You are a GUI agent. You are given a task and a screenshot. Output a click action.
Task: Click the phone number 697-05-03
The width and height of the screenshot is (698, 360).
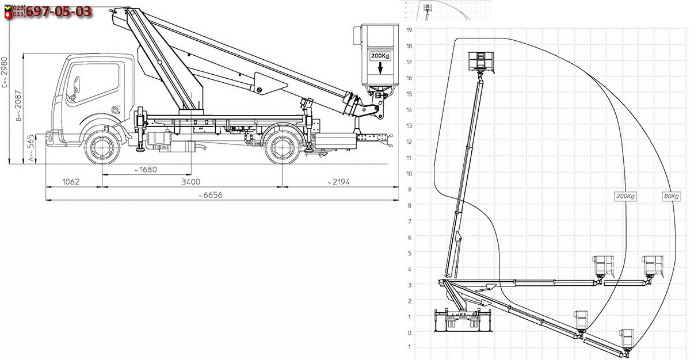[x=59, y=12]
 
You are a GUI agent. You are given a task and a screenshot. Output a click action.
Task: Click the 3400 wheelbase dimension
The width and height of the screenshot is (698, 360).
[x=190, y=182]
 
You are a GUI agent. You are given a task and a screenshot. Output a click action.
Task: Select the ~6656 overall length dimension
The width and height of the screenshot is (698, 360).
[x=211, y=195]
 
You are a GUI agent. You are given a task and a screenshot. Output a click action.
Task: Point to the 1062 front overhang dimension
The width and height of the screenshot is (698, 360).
[x=71, y=182]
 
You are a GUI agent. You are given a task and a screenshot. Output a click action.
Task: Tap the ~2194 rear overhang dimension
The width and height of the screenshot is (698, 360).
[x=338, y=182]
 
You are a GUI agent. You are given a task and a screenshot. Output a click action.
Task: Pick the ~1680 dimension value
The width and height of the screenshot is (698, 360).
[x=146, y=170]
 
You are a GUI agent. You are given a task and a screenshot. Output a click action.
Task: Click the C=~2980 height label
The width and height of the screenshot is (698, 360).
[x=5, y=72]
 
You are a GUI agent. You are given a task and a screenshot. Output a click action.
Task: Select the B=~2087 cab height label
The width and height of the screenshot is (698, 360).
[x=18, y=106]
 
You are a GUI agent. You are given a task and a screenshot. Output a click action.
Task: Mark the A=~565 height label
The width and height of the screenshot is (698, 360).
[x=31, y=148]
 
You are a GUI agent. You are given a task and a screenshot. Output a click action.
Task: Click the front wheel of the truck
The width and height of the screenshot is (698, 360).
[x=102, y=148]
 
